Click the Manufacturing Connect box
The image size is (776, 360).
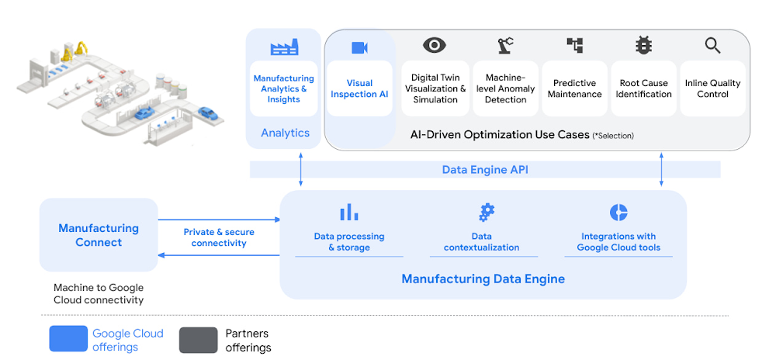99,235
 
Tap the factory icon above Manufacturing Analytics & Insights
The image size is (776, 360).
284,48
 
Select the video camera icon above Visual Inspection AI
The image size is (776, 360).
359,48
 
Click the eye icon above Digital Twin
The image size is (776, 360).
435,46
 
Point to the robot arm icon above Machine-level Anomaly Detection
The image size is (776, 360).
505,46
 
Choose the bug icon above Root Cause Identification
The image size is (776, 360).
643,46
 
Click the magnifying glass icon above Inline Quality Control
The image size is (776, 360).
712,46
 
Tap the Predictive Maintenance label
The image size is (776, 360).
574,88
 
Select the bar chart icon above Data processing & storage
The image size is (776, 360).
348,212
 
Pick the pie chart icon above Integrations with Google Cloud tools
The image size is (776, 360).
618,212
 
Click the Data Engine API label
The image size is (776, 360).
485,169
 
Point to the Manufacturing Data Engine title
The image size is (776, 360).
483,279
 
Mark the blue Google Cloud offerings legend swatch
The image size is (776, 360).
68,339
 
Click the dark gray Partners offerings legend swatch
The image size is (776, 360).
199,339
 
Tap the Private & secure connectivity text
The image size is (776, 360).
219,237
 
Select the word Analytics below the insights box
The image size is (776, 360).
285,133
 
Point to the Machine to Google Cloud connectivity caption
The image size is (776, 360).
99,293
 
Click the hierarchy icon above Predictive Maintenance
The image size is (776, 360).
574,46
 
